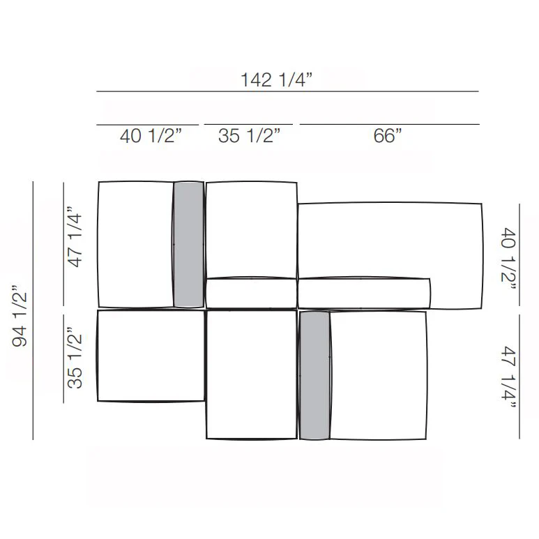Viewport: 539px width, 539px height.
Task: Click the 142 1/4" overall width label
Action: [x=276, y=79]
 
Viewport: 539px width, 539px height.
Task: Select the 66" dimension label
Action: [x=388, y=135]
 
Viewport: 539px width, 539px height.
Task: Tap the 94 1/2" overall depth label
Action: [x=20, y=316]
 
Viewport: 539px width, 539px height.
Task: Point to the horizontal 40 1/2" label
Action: [x=151, y=135]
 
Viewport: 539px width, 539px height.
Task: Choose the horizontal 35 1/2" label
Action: [x=249, y=135]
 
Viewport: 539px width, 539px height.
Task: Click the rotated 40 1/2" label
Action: [x=508, y=259]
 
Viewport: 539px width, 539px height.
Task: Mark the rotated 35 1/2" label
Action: [x=75, y=358]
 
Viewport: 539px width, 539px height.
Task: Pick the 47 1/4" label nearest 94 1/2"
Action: [x=75, y=237]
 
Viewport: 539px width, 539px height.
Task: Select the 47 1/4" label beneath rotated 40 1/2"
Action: [x=508, y=378]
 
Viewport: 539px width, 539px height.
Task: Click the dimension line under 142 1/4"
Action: [x=287, y=91]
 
